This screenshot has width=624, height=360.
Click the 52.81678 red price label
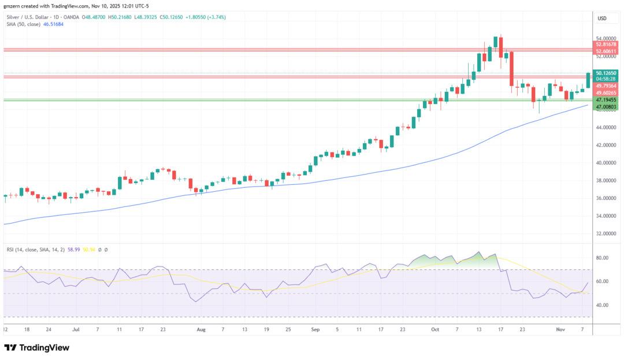click(606, 44)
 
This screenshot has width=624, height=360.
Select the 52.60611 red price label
click(606, 51)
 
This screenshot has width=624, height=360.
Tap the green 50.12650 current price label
click(606, 73)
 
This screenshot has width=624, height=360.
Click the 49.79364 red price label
click(606, 86)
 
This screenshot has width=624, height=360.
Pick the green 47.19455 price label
click(606, 99)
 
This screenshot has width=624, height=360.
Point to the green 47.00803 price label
click(606, 107)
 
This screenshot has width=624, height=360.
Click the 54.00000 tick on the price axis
click(606, 38)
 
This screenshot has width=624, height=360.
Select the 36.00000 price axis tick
click(606, 198)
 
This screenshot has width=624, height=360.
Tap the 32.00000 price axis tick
click(606, 234)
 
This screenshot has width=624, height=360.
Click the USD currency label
click(601, 18)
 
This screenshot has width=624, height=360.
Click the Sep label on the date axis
click(315, 329)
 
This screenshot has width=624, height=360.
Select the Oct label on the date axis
click(435, 329)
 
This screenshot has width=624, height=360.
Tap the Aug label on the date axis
click(201, 329)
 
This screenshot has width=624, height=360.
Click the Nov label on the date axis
click(559, 329)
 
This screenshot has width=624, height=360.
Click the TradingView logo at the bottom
click(37, 348)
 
